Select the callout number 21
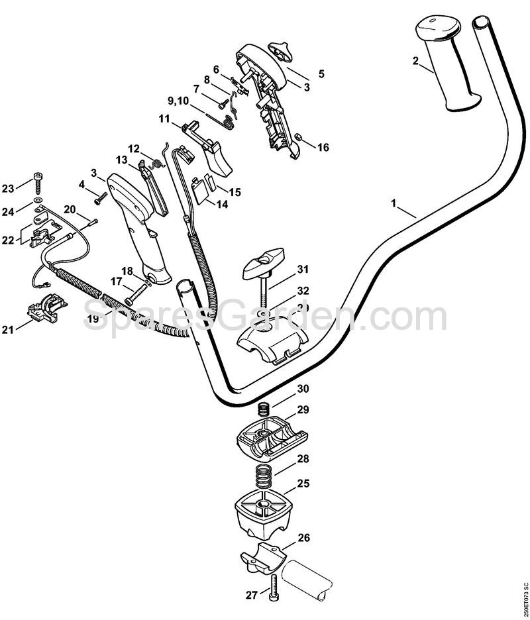[9, 329]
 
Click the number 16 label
[323, 148]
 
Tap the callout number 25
[303, 484]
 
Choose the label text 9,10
[178, 101]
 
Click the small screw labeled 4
[101, 197]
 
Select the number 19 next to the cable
[93, 319]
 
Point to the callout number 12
[133, 148]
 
